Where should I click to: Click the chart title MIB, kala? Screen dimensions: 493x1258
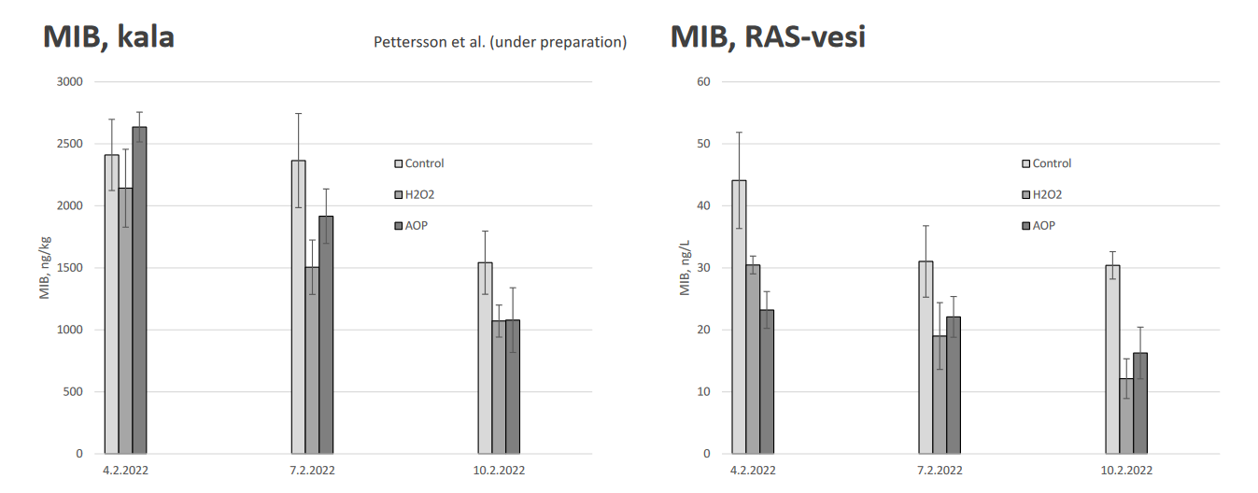[x=108, y=36]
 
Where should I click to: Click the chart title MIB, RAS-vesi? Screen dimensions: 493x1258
[x=768, y=36]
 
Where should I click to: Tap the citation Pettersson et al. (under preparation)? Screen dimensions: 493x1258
[x=500, y=42]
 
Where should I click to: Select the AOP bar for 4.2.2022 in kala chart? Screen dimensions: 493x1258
[x=139, y=290]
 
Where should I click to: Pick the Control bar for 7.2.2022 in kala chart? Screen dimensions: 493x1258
[x=298, y=307]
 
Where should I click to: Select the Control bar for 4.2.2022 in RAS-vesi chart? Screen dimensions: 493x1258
[x=739, y=317]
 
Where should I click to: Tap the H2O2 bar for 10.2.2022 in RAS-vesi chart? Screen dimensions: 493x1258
[x=1126, y=416]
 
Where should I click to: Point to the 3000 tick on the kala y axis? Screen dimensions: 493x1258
[x=70, y=82]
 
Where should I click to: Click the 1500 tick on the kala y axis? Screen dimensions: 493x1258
[x=70, y=268]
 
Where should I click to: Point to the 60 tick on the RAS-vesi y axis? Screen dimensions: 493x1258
[x=703, y=82]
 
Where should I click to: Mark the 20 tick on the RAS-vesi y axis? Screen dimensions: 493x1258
[x=703, y=330]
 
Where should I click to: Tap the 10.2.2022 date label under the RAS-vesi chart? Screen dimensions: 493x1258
[x=1126, y=471]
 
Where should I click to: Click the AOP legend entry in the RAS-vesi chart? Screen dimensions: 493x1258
[x=1043, y=226]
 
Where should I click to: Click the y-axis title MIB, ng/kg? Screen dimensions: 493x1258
[x=44, y=268]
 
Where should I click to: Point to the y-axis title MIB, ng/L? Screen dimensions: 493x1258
[x=685, y=268]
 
